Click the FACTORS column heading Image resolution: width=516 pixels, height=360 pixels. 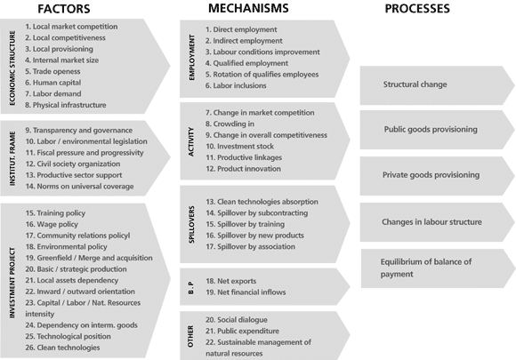pos(64,9)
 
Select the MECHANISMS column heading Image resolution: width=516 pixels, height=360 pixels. pos(248,8)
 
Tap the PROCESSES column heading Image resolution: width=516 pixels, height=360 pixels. pos(417,9)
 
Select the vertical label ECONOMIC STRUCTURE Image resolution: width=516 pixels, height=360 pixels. pos(12,68)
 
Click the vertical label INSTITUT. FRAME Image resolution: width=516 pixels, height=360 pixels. pos(12,159)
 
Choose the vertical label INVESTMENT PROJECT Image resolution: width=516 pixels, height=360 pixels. pos(12,283)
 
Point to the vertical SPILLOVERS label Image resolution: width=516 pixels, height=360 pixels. pos(192,225)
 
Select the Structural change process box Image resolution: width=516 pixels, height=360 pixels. pos(437,85)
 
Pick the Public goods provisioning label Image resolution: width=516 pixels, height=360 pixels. pos(431,129)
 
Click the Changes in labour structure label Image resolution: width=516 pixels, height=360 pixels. pos(431,222)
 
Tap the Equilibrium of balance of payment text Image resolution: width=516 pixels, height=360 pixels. pos(426,268)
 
